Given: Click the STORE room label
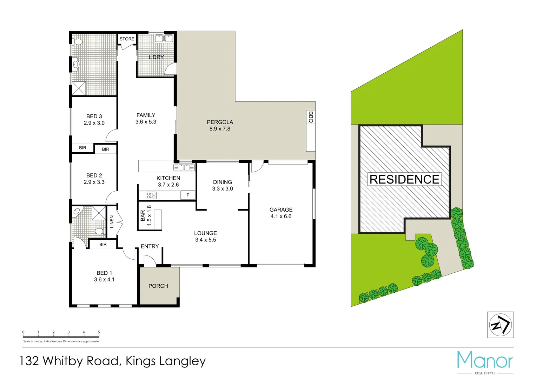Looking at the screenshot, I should pyautogui.click(x=127, y=39).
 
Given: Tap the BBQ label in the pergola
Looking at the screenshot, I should pyautogui.click(x=311, y=117).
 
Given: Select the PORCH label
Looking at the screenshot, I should pyautogui.click(x=158, y=286).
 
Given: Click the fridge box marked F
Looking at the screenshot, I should pyautogui.click(x=188, y=195).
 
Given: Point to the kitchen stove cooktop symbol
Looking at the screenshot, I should pyautogui.click(x=151, y=195).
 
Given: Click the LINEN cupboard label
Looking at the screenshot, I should pyautogui.click(x=112, y=222).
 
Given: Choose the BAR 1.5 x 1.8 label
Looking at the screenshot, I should pyautogui.click(x=146, y=215).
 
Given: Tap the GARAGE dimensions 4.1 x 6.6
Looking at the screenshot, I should pyautogui.click(x=281, y=217).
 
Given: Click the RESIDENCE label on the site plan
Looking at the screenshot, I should pyautogui.click(x=404, y=179).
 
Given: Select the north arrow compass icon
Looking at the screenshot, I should pyautogui.click(x=500, y=325).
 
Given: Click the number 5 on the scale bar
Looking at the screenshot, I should pyautogui.click(x=99, y=332).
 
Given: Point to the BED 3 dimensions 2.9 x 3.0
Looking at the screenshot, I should pyautogui.click(x=94, y=123).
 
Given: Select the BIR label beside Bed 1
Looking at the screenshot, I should pyautogui.click(x=103, y=245).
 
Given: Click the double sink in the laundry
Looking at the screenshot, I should pyautogui.click(x=164, y=38).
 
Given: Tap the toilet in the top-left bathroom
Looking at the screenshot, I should pyautogui.click(x=78, y=42).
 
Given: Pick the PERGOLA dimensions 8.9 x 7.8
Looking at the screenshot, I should pyautogui.click(x=220, y=129).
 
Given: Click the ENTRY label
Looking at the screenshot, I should pyautogui.click(x=150, y=246).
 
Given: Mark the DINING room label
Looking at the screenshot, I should pyautogui.click(x=223, y=182).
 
